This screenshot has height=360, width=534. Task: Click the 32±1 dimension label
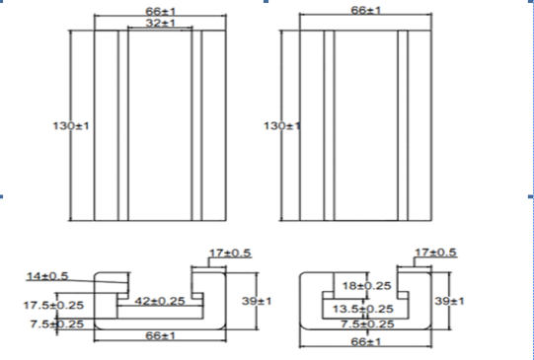click(x=161, y=23)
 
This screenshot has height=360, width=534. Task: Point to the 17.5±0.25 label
click(x=53, y=305)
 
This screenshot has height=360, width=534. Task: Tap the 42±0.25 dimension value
click(x=160, y=301)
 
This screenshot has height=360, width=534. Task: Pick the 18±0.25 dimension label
click(x=366, y=286)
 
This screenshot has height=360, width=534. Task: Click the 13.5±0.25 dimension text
click(x=363, y=310)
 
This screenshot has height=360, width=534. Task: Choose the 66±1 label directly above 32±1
click(x=161, y=12)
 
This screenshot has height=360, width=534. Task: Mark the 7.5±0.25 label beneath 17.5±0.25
click(x=57, y=324)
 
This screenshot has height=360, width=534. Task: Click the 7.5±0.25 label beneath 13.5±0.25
click(x=367, y=324)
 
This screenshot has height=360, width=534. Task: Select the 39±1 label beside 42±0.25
click(x=257, y=301)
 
